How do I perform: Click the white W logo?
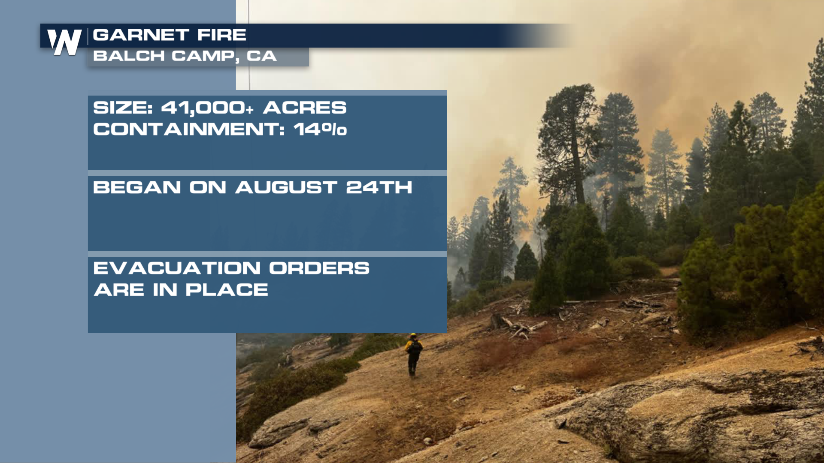tap(64, 42)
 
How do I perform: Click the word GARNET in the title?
tap(141, 35)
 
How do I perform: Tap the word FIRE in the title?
tap(221, 35)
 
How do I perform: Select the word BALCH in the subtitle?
tap(129, 56)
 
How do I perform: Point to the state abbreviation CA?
tap(261, 56)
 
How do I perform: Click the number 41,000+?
tap(207, 108)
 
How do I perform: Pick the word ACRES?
tap(305, 108)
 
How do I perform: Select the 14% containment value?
tap(320, 129)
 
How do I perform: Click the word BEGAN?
tap(137, 187)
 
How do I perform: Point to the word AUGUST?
tap(286, 187)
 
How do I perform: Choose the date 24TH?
tap(379, 187)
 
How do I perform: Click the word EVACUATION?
tap(177, 268)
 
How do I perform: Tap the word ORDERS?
tap(319, 268)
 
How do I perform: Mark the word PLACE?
tap(227, 290)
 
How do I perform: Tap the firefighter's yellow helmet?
tap(413, 335)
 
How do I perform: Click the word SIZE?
tap(123, 108)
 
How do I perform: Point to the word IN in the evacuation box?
tap(165, 290)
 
